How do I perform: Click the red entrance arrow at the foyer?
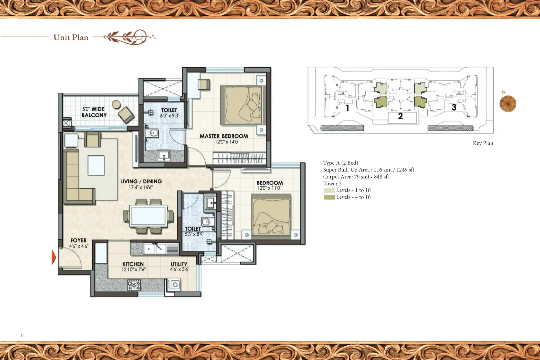(54, 257)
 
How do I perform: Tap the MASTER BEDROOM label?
(224, 136)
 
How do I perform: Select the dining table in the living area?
(148, 215)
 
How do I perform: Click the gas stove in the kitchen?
(134, 285)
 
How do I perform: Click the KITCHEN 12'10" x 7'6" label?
(133, 266)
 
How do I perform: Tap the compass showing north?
(508, 104)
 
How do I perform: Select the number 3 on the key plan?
(454, 107)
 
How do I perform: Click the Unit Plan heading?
(71, 37)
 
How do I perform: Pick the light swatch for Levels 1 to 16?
(329, 190)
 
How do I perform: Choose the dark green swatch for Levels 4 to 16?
(329, 197)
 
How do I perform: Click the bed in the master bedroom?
(242, 105)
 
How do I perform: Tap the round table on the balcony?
(116, 105)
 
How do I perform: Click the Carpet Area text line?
(356, 177)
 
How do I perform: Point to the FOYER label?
(78, 240)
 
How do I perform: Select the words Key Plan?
(483, 143)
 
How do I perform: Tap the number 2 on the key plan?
(400, 116)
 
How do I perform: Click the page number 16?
(23, 335)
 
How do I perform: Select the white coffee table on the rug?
(96, 165)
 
